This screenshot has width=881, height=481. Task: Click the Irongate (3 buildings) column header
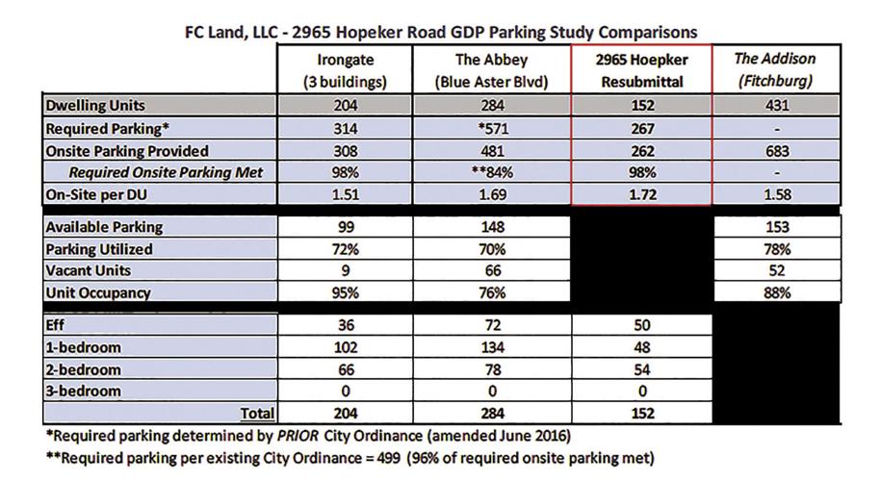[346, 70]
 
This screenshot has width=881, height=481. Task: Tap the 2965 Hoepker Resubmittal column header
[642, 70]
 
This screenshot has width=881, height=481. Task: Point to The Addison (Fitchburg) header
[775, 70]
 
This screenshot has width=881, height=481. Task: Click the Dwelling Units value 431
[775, 106]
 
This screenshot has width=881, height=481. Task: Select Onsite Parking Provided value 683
[775, 151]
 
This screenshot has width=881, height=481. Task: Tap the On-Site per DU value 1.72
[642, 196]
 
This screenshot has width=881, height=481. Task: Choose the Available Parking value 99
[346, 227]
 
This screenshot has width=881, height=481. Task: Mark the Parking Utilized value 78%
[775, 249]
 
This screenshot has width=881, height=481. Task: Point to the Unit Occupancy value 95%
[346, 293]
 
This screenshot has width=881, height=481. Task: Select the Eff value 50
[642, 326]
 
